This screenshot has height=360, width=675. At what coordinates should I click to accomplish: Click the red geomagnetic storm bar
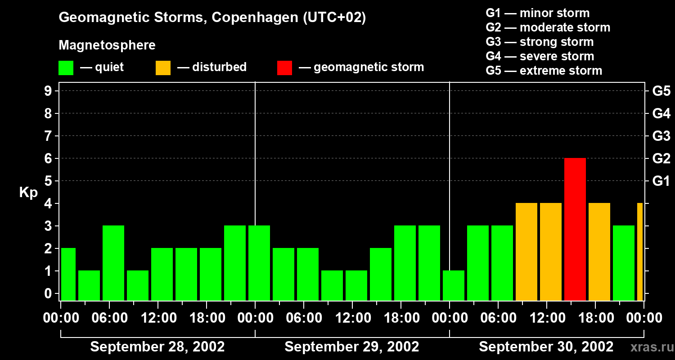[x=575, y=229]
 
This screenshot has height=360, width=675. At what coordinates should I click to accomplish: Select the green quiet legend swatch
[x=66, y=68]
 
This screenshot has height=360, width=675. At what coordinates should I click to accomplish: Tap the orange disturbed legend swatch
[x=163, y=68]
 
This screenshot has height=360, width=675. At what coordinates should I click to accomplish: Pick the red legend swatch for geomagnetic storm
[x=284, y=68]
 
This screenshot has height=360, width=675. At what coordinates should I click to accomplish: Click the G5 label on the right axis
[x=661, y=91]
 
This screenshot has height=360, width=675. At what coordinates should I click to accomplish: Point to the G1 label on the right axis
[x=661, y=181]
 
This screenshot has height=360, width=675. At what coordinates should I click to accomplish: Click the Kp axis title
[x=28, y=193]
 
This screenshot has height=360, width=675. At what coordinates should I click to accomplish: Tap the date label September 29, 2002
[x=351, y=347]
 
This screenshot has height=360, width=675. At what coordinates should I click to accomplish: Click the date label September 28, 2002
[x=157, y=347]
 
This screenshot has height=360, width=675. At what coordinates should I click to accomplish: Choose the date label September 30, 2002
[x=546, y=347]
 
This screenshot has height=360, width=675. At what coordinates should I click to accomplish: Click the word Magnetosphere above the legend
[x=107, y=45]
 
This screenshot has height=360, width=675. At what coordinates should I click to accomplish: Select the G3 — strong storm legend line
[x=540, y=42]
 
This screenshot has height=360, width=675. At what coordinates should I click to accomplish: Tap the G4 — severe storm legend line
[x=540, y=56]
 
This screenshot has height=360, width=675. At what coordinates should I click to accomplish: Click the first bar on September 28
[x=68, y=274]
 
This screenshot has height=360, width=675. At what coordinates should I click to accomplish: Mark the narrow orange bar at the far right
[x=639, y=252]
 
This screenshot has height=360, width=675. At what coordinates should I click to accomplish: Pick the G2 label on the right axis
[x=661, y=159]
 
